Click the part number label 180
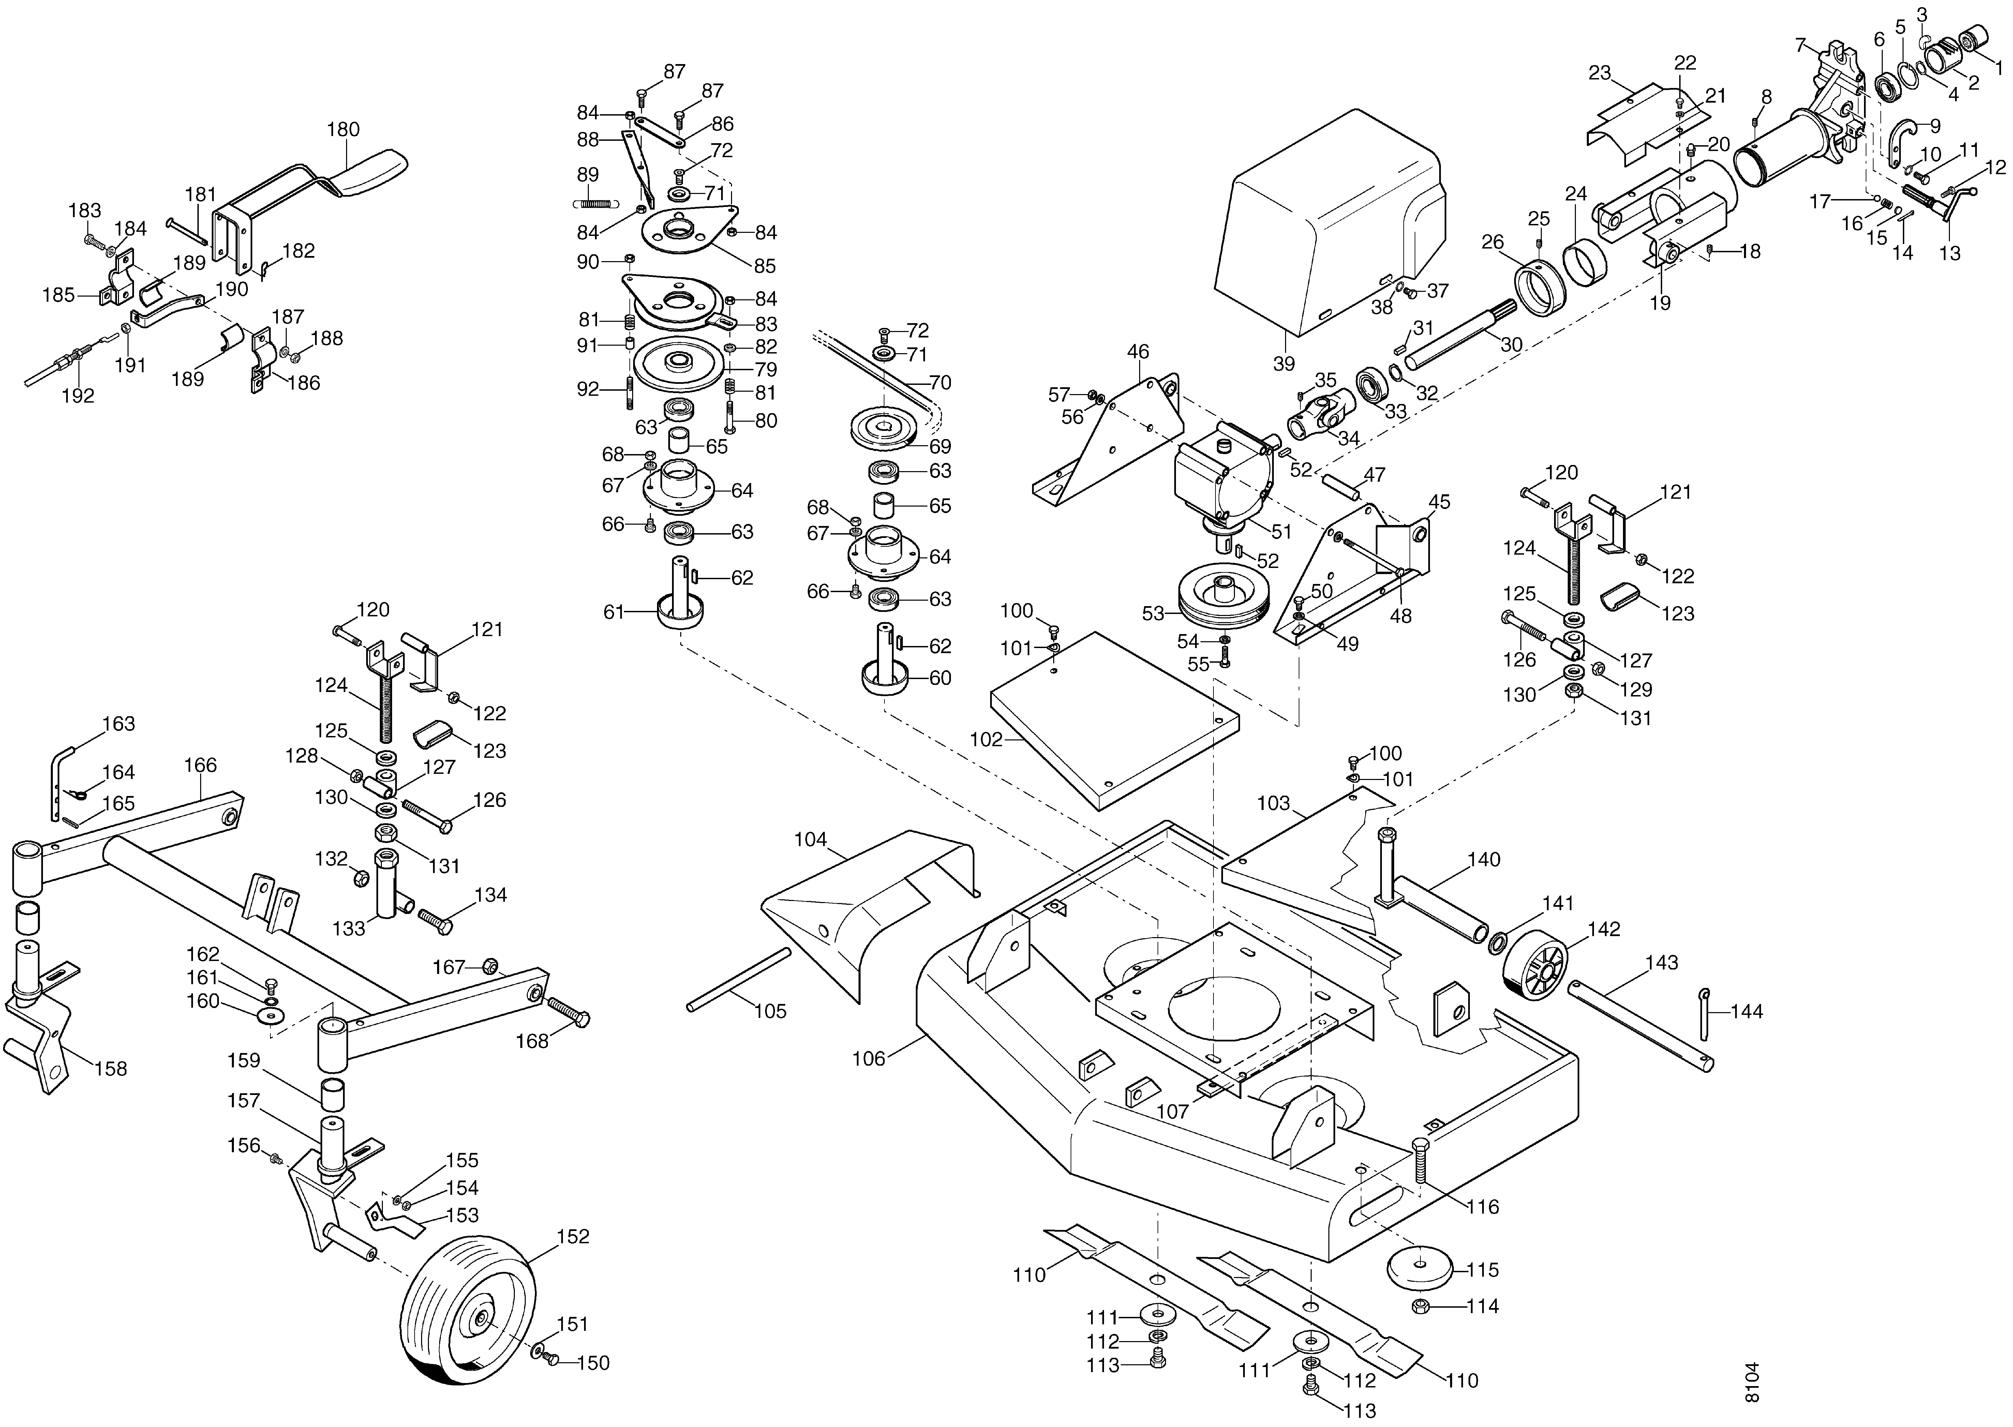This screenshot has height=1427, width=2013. pyautogui.click(x=343, y=129)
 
